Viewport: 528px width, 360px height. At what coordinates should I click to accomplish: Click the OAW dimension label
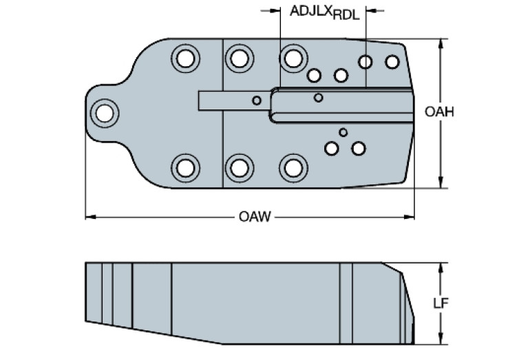pyautogui.click(x=252, y=218)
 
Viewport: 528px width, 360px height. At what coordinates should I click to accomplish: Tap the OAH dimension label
pyautogui.click(x=439, y=112)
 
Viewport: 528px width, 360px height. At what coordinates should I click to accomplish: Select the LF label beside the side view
pyautogui.click(x=440, y=303)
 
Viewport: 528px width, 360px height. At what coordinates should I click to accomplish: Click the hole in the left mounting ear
pyautogui.click(x=105, y=112)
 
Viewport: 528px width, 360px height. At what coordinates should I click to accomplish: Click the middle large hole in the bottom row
pyautogui.click(x=239, y=167)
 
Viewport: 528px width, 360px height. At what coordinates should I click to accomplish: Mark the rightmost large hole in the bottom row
pyautogui.click(x=293, y=167)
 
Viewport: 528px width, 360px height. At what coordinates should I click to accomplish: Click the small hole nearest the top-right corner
pyautogui.click(x=392, y=62)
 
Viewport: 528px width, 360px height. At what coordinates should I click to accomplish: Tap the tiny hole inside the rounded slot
pyautogui.click(x=318, y=98)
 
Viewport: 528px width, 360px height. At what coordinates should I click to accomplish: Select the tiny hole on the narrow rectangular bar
pyautogui.click(x=257, y=100)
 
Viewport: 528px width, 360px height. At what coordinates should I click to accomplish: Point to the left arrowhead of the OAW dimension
pyautogui.click(x=88, y=218)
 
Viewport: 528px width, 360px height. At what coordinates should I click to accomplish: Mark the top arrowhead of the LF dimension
pyautogui.click(x=441, y=264)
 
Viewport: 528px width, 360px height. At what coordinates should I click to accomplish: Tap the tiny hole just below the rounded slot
pyautogui.click(x=344, y=131)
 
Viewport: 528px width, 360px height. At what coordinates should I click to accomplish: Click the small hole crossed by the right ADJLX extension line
pyautogui.click(x=366, y=63)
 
